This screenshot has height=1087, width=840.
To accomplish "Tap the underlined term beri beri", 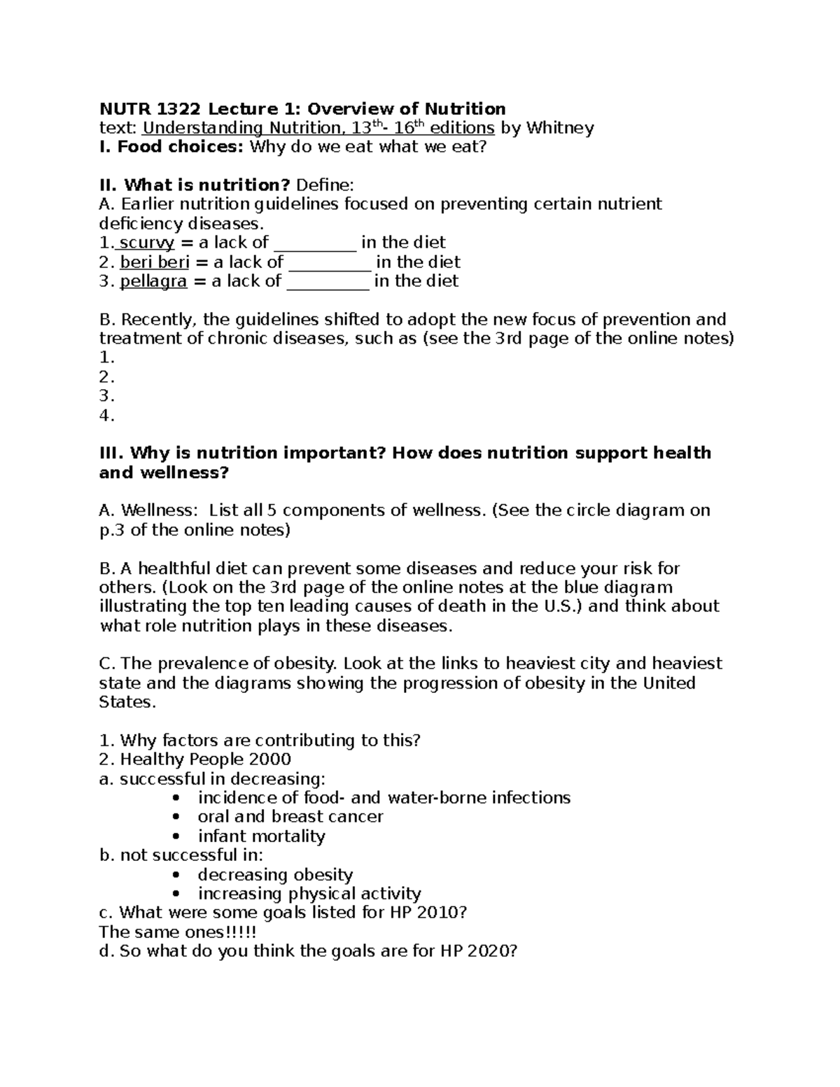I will pos(154,262).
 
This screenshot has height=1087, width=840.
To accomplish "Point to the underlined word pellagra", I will pos(153,281).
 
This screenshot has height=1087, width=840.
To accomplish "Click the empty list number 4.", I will pos(106,416).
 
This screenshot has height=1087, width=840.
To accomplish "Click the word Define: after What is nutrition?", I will pos(325,185).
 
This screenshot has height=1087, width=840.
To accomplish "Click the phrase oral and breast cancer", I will pos(290,817).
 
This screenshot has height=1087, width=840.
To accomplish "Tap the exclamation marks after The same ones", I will pos(245,932).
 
